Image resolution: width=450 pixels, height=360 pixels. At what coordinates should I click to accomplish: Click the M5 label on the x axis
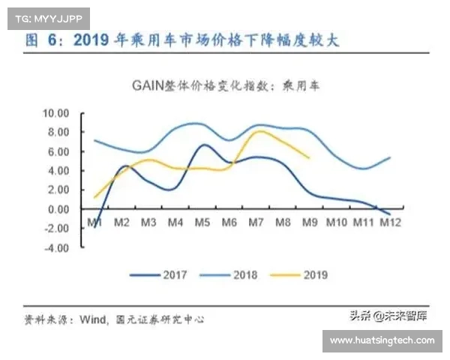coord(202,223)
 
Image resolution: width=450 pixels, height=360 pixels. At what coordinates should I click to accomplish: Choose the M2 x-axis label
coord(121,223)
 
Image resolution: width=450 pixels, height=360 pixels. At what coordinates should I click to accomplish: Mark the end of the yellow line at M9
coord(310,157)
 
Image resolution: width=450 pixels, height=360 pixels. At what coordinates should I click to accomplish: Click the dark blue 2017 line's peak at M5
coord(203,145)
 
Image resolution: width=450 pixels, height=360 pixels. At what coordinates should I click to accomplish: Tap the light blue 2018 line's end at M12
coord(390,157)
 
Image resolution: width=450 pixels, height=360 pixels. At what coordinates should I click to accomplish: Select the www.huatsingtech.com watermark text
coord(382,340)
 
